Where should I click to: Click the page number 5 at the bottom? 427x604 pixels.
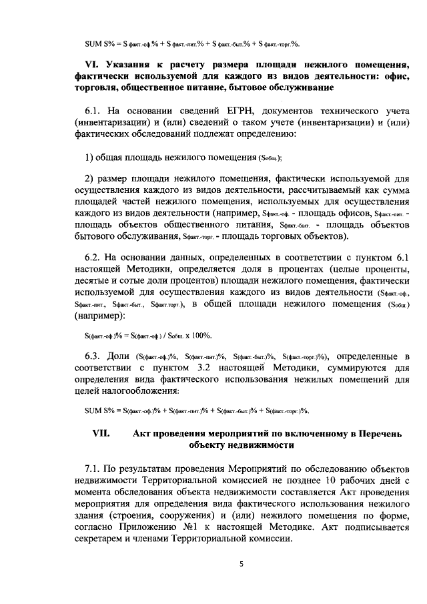click(242, 565)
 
